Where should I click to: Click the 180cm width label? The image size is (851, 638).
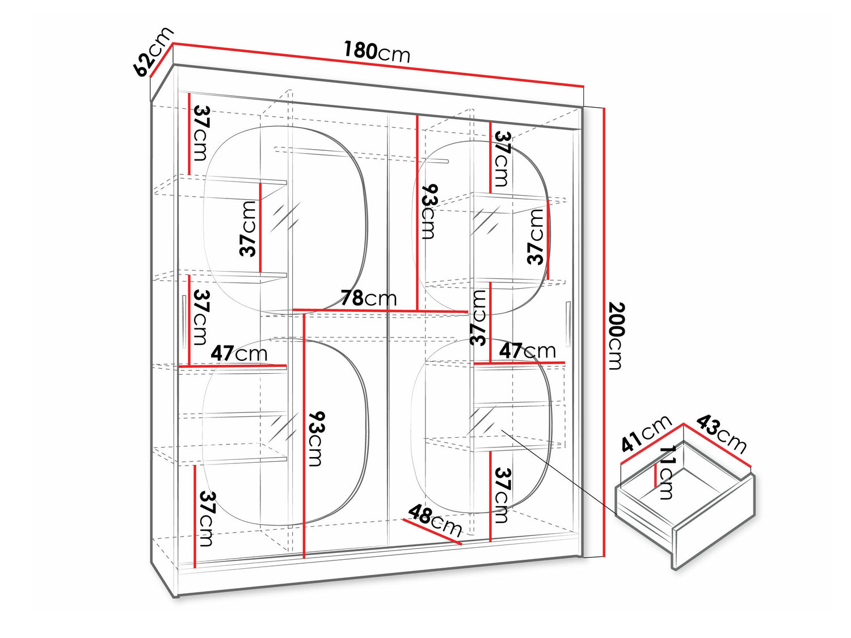tap(376, 52)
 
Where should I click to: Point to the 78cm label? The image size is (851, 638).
tap(368, 298)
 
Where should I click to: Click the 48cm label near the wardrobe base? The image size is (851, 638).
tap(435, 521)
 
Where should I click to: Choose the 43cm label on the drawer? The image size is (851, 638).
tap(721, 434)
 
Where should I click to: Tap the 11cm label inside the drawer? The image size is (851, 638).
tap(667, 472)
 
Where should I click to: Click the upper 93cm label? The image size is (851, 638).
tap(429, 211)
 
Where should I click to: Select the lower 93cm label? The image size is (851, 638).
tap(315, 438)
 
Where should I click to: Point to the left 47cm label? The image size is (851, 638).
tap(239, 354)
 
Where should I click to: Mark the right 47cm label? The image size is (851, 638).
tap(527, 351)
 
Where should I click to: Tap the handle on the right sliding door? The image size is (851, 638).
tap(568, 324)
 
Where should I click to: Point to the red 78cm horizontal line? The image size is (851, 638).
tap(380, 311)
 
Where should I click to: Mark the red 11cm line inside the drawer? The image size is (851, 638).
tap(656, 475)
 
